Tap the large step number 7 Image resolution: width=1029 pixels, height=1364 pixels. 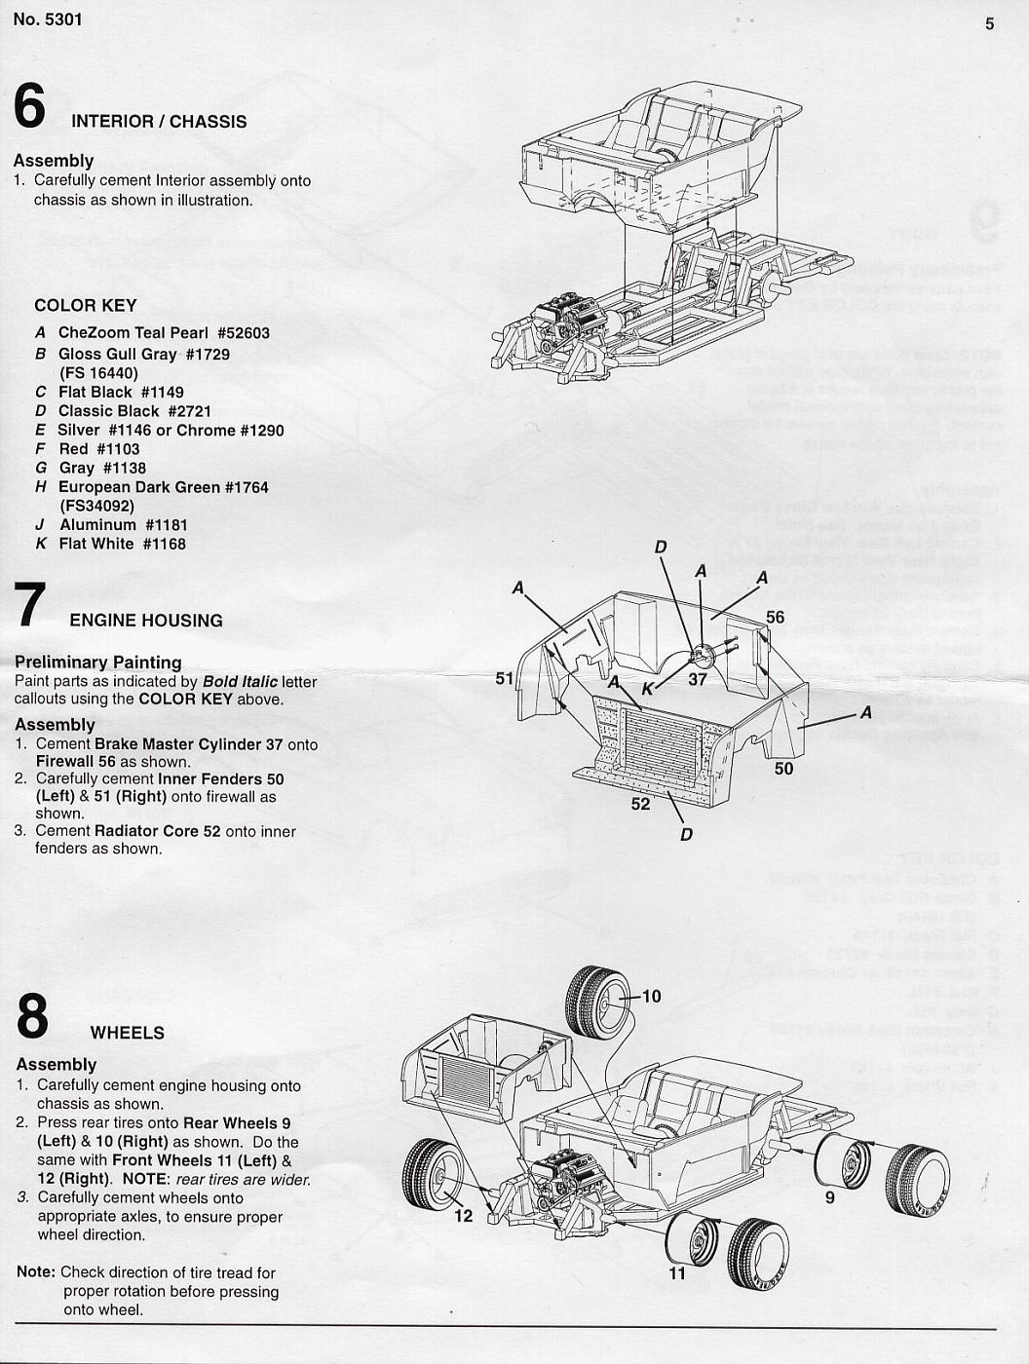[30, 605]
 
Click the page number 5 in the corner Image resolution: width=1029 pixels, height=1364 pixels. [989, 23]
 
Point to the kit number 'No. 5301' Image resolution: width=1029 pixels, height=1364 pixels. [48, 19]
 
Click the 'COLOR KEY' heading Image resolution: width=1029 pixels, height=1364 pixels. [86, 305]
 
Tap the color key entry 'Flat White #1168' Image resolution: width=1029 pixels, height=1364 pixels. [122, 544]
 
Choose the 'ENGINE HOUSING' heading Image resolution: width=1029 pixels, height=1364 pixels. [146, 621]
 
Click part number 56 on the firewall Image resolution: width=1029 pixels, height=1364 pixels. [775, 617]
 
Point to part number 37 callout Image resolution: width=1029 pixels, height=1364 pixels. [697, 679]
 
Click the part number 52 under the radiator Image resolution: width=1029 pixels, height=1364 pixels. [640, 804]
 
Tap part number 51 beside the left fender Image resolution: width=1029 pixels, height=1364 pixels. [504, 678]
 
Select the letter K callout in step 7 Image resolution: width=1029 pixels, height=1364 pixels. [647, 689]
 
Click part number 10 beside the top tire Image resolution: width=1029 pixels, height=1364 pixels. [651, 996]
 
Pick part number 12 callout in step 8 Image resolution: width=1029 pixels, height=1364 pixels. [463, 1215]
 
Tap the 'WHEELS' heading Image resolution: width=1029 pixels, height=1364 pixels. [127, 1033]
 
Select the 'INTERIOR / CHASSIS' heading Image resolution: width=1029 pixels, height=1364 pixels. [159, 122]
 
